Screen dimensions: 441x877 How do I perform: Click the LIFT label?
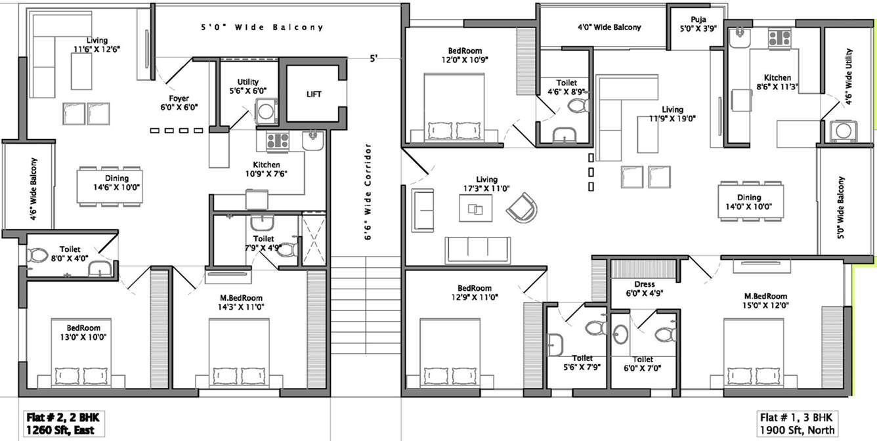click(x=314, y=94)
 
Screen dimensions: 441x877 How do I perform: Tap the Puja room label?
click(x=697, y=24)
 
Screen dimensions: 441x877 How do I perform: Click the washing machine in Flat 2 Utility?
click(x=265, y=111)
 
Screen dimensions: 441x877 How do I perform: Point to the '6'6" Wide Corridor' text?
click(x=368, y=192)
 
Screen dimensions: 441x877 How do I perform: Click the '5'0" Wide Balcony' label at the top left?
click(x=262, y=28)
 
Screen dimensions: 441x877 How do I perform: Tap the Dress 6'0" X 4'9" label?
click(x=644, y=289)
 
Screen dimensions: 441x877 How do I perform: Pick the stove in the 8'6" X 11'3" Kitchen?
click(x=779, y=38)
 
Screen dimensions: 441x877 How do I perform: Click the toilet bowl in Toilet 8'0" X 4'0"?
click(x=38, y=255)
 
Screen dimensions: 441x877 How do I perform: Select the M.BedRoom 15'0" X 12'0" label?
click(x=765, y=301)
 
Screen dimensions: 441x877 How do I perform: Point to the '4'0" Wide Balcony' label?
click(x=609, y=28)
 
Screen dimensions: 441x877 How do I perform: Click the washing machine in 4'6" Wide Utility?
click(x=840, y=129)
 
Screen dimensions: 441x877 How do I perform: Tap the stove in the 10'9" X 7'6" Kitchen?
click(x=278, y=140)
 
